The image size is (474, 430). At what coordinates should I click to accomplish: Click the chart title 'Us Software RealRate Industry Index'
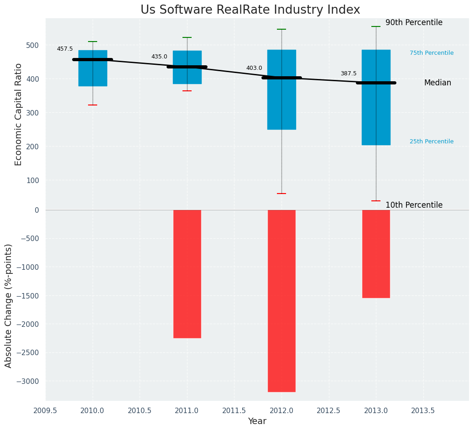point(250,10)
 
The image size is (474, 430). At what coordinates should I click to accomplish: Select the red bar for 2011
point(187,274)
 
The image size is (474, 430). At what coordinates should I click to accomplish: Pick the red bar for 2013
point(376,254)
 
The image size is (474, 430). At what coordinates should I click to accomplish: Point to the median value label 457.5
point(65,49)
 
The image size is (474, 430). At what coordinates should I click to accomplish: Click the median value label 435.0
point(159,57)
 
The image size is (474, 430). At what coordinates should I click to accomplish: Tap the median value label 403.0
point(254,68)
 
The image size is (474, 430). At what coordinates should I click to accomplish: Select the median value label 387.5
point(349,73)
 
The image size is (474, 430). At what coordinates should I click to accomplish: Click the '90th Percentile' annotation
point(414,23)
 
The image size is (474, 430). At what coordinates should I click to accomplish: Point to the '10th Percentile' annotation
point(414,205)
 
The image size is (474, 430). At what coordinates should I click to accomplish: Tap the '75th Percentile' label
point(432,53)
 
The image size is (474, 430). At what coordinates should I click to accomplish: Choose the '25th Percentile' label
point(432,142)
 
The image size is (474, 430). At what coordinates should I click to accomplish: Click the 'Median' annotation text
point(438,83)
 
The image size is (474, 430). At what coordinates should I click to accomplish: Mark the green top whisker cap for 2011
point(187,37)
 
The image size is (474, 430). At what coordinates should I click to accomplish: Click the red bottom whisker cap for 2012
point(281,194)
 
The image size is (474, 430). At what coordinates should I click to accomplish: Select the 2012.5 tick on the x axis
point(329,410)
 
